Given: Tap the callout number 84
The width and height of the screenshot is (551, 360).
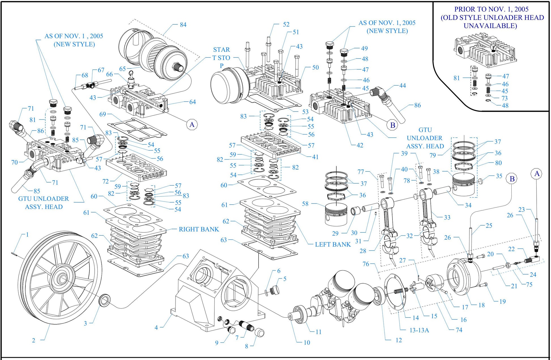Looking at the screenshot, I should click(183, 25).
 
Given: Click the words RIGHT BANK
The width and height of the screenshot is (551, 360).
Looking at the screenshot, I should click(199, 229).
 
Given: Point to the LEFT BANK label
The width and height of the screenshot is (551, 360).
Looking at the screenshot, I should click(333, 244).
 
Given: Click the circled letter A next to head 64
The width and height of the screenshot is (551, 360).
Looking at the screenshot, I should click(192, 125).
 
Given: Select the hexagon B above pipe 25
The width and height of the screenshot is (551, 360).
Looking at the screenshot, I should click(512, 179).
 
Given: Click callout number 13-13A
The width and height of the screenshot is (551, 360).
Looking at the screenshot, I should click(419, 330).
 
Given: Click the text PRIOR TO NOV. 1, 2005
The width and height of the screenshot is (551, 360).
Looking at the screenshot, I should click(491, 9).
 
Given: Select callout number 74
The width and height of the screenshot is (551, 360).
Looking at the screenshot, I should click(459, 330).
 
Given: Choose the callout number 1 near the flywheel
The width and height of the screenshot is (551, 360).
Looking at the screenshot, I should click(27, 235).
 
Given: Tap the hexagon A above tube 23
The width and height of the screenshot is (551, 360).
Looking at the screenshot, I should click(537, 174).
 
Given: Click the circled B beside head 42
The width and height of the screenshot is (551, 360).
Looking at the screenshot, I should click(392, 125).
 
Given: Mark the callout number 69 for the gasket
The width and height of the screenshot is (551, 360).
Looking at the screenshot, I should click(102, 114).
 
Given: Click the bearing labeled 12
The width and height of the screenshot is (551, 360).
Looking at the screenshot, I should click(378, 296).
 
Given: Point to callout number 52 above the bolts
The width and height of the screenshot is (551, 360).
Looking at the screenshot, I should click(286, 24).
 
